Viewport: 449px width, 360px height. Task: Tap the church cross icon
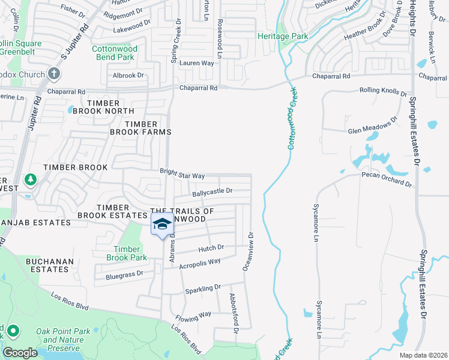click(x=54, y=74)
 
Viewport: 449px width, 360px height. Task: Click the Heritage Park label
click(x=282, y=37)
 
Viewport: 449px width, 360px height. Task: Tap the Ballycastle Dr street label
click(x=212, y=192)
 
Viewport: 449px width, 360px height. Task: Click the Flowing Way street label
click(x=193, y=316)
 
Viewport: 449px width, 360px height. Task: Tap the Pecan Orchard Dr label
click(x=387, y=178)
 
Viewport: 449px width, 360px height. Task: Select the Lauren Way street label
click(x=196, y=63)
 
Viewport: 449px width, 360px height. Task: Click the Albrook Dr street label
click(x=129, y=76)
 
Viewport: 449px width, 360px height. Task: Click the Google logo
click(x=20, y=353)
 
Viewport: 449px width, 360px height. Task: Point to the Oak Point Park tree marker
click(x=13, y=331)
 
